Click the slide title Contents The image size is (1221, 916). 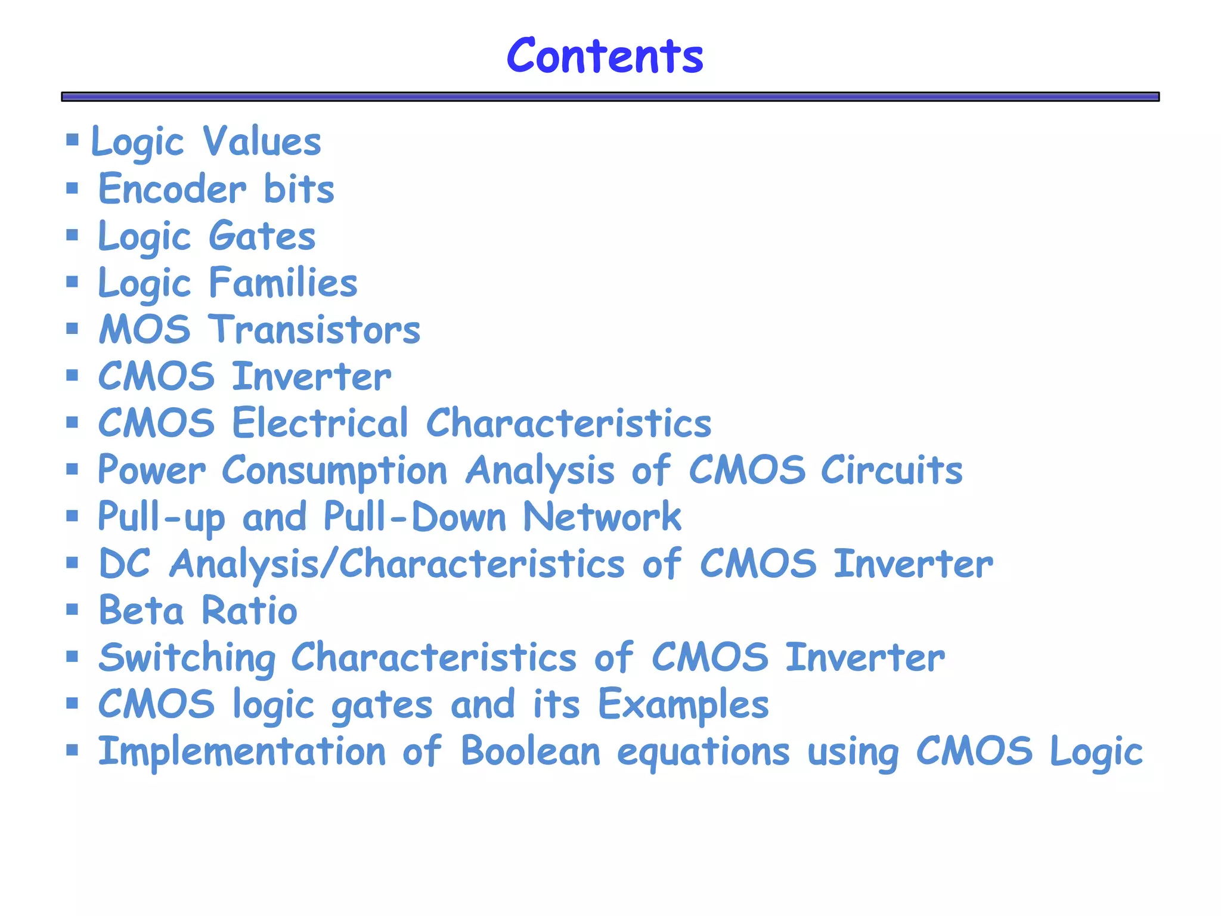click(x=605, y=55)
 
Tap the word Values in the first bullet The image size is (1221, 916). click(x=262, y=142)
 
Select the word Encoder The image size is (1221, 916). click(x=172, y=189)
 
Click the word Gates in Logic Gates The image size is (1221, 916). click(x=262, y=236)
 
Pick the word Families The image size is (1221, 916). click(x=283, y=283)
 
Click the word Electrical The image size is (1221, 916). click(x=320, y=423)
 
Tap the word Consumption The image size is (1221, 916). click(x=334, y=471)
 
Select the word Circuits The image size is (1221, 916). click(x=891, y=471)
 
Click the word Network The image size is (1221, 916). click(x=602, y=516)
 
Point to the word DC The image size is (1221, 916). click(x=124, y=564)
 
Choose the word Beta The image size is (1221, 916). click(x=141, y=611)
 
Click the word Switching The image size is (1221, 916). click(x=187, y=658)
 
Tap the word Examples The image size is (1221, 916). click(x=683, y=705)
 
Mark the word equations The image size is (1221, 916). click(x=704, y=753)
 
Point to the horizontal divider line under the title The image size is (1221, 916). click(x=610, y=97)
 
